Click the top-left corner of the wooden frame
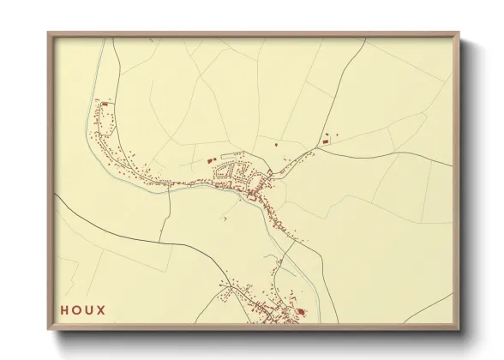click(48, 33)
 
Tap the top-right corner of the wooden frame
click(460, 33)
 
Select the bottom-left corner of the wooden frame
click(48, 330)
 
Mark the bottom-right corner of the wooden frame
click(460, 330)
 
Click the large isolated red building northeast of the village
click(325, 138)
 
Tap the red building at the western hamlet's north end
click(105, 104)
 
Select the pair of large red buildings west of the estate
click(211, 159)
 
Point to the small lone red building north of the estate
click(277, 146)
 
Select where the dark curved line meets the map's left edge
click(57, 195)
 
